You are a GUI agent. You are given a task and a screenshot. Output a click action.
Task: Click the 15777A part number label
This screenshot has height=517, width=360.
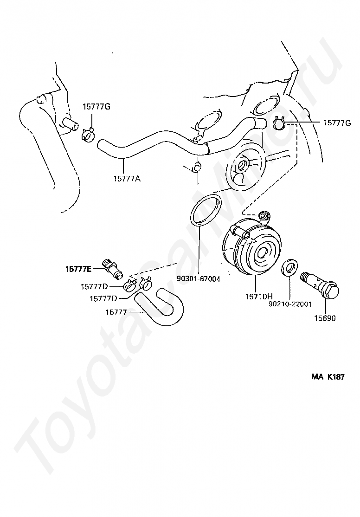coord(126,177)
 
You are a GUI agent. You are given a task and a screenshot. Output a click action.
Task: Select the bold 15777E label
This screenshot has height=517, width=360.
coord(78,269)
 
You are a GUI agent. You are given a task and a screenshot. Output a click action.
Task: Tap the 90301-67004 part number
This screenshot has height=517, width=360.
coord(199,279)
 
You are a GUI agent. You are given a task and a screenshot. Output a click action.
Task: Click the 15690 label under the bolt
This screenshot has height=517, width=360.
coord(324,318)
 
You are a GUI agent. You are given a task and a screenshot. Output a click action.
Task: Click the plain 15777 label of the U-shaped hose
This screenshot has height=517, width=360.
coord(116,312)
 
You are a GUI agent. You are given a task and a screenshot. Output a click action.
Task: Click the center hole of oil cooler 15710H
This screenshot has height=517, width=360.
coord(261,253)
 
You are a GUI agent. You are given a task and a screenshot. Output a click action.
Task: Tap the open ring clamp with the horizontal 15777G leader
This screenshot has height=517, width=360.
coord(279,124)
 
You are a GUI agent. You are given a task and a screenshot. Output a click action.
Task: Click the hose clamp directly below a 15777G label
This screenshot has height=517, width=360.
coord(88,135)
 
